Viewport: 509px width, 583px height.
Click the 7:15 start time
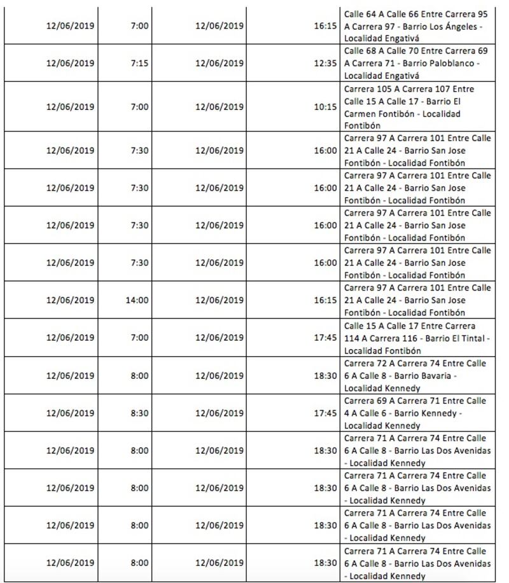pos(139,63)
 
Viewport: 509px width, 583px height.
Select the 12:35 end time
pos(325,63)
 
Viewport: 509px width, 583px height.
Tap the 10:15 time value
pos(325,107)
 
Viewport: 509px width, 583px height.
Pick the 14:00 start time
pos(137,300)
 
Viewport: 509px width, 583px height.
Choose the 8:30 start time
pos(139,413)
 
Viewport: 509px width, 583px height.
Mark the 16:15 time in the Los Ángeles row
pos(325,26)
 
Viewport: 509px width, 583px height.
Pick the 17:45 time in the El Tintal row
pos(325,338)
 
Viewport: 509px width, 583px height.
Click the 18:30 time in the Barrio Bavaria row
pos(325,375)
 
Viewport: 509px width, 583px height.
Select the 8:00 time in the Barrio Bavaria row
pos(139,375)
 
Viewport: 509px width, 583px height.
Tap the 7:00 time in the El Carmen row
pos(139,107)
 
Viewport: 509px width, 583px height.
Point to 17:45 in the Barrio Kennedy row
pos(325,413)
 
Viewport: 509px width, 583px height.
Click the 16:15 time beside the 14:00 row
pos(325,300)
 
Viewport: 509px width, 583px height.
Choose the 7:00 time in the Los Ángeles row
pos(139,26)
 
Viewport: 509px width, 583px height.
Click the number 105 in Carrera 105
pos(387,89)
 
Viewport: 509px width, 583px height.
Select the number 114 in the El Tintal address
pos(353,338)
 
